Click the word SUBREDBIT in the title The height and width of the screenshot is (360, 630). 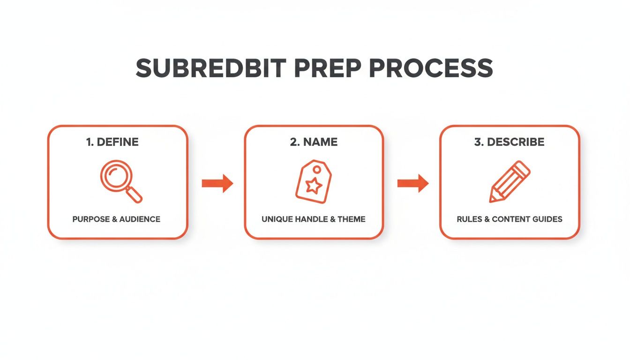coord(210,68)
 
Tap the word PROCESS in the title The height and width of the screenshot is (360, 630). coord(431,68)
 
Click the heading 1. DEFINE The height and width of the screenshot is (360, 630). coord(112,142)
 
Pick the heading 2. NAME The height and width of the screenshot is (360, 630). coord(314,142)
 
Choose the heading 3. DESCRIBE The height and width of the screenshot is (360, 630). coord(510,142)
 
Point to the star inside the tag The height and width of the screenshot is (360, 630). coord(314,187)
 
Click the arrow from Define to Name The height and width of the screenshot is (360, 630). coord(217,183)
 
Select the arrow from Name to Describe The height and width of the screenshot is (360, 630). coord(412,183)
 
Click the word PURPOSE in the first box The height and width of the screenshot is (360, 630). coord(91,219)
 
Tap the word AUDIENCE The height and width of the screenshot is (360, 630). coord(140,219)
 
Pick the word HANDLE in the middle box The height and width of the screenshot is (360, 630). coord(310,219)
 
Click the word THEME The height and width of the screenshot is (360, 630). coord(352,219)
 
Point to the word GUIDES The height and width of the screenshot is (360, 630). coord(547,219)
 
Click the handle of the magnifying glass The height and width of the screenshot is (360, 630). coord(134,195)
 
